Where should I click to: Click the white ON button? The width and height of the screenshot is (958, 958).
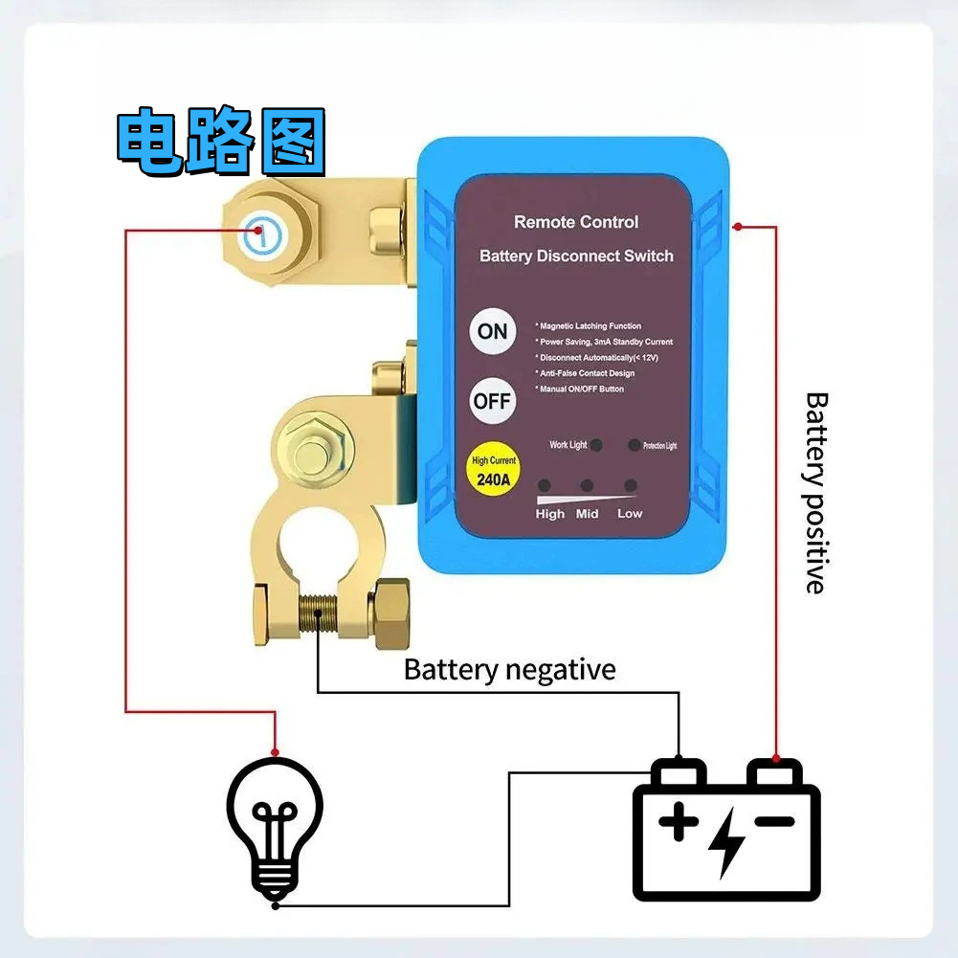[x=492, y=331]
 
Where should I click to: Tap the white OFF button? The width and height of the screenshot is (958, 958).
[x=492, y=401]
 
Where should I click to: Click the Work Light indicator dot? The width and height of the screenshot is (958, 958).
[x=596, y=445]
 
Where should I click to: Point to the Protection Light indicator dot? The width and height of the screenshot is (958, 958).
[x=634, y=445]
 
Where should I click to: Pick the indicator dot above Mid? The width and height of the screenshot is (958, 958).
[x=587, y=485]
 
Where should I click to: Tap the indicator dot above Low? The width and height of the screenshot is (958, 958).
[x=630, y=485]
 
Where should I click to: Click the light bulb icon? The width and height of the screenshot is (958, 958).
[x=275, y=825]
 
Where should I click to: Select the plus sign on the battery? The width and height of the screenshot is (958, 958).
[x=679, y=821]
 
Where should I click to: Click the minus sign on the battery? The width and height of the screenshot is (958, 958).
[x=775, y=820]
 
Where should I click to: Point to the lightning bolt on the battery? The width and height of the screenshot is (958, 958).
[x=727, y=841]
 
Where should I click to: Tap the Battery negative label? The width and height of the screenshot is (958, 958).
[x=509, y=669]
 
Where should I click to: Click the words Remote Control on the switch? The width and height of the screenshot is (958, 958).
[x=575, y=222]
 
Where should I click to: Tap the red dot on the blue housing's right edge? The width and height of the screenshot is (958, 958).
[x=737, y=227]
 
